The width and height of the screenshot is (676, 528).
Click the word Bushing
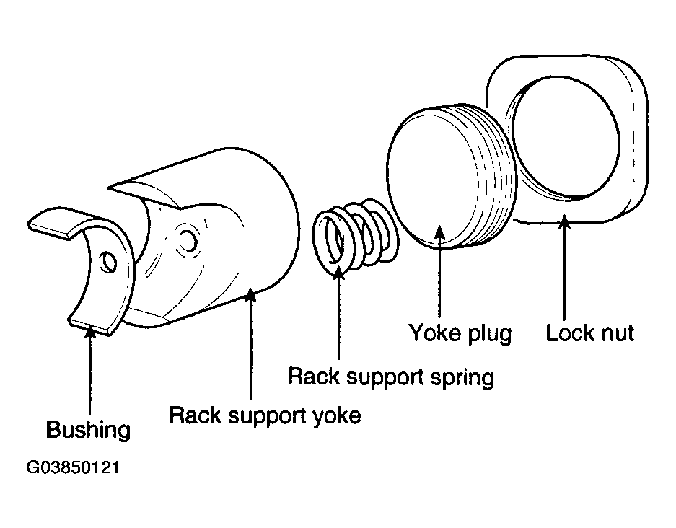click(88, 430)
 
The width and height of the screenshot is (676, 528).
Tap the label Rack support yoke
click(265, 416)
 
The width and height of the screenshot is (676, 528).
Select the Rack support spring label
click(390, 377)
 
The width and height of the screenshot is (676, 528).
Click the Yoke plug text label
click(460, 334)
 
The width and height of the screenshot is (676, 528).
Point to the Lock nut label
click(589, 333)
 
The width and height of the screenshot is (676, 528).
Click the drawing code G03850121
click(73, 467)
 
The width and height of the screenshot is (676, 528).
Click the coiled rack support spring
click(355, 236)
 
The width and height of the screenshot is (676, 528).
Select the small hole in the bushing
click(107, 263)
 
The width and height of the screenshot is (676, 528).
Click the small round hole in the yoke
click(188, 240)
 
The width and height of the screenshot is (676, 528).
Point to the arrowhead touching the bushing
click(90, 333)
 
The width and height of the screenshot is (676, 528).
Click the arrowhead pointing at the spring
click(338, 273)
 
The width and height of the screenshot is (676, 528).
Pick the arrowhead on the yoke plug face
click(439, 232)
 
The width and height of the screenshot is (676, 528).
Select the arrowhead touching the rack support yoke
click(250, 295)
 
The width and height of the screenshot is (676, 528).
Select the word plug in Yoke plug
click(491, 335)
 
